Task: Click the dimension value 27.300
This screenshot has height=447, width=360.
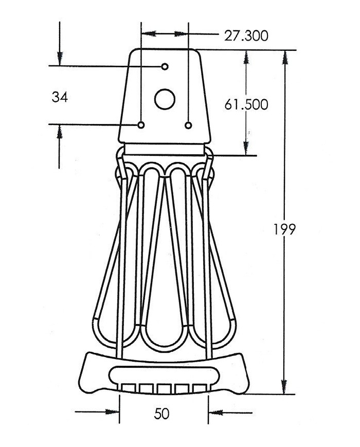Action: [x=246, y=35]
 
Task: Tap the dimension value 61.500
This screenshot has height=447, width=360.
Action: [x=246, y=104]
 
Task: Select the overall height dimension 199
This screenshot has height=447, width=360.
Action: [x=284, y=229]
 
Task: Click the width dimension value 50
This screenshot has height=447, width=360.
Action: [x=161, y=414]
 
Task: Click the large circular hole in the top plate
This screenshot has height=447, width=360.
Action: [x=165, y=99]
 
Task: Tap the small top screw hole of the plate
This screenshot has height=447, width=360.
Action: [x=165, y=66]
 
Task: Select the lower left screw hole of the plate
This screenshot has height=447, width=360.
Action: [x=141, y=125]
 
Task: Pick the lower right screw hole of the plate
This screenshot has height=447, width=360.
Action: [x=188, y=125]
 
